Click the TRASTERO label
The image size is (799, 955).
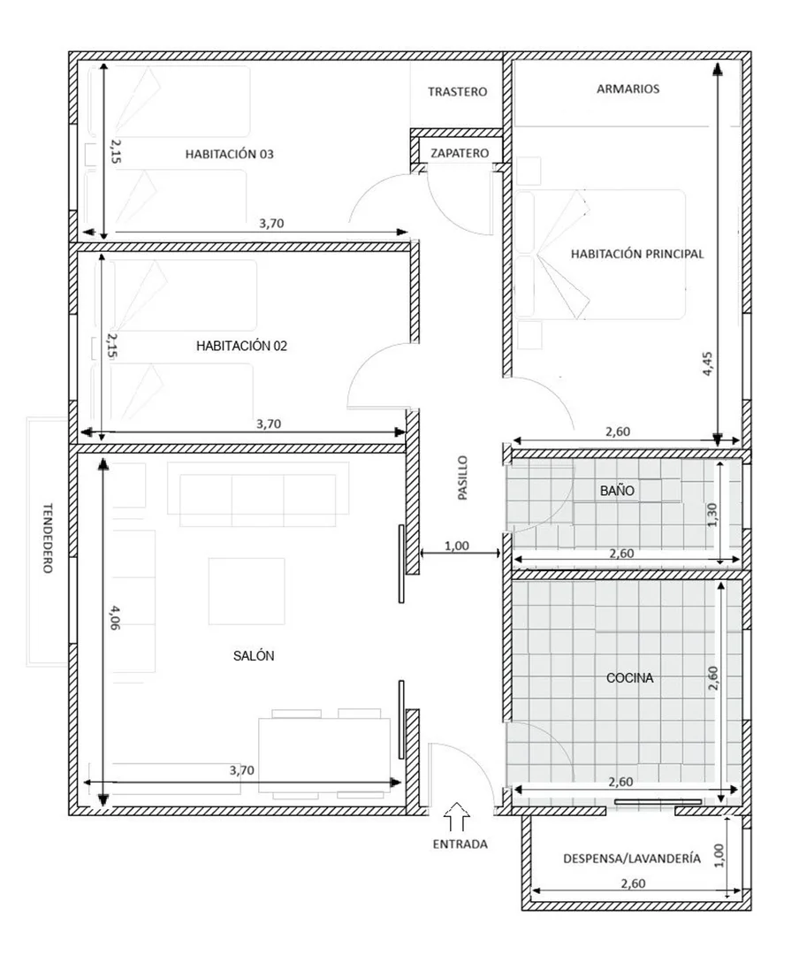click(457, 92)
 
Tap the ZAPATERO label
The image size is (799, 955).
click(460, 154)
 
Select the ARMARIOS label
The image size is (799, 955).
click(628, 89)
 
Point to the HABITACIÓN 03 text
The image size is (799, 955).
click(230, 154)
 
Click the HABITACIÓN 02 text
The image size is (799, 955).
click(242, 346)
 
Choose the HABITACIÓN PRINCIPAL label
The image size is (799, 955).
click(637, 254)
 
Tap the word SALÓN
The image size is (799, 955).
click(254, 656)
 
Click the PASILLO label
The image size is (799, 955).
click(463, 478)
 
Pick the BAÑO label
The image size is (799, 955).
click(617, 491)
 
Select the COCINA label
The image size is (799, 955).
click(629, 678)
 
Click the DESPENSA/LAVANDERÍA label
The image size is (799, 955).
click(632, 859)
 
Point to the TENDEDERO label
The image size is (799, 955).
click(48, 538)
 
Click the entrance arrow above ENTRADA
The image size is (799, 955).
click(457, 817)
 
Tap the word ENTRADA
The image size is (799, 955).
click(460, 844)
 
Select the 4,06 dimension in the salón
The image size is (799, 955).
click(115, 617)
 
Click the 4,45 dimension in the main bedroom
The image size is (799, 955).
click(708, 363)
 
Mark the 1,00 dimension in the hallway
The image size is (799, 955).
click(457, 546)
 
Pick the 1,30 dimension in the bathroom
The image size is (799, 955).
click(713, 515)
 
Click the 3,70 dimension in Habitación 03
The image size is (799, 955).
click(271, 224)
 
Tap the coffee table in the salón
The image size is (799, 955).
click(247, 592)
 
